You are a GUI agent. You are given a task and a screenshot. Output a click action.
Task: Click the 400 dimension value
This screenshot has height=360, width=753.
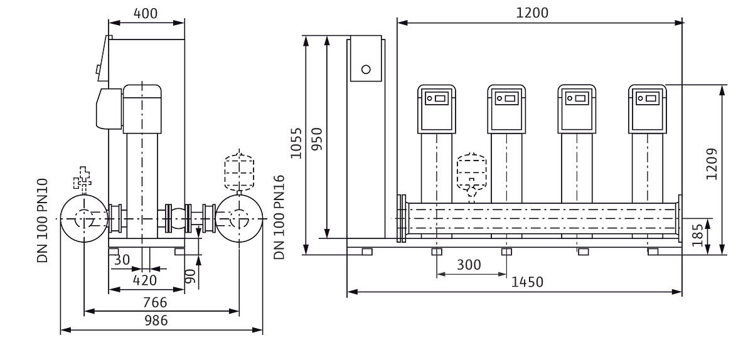tap(145, 13)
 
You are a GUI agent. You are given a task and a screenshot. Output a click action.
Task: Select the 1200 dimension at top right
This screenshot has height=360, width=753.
tap(532, 13)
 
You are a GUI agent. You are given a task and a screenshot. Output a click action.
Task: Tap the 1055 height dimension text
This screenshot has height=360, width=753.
tap(296, 143)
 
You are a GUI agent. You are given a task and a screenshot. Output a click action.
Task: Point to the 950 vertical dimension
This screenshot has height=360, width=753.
tap(317, 139)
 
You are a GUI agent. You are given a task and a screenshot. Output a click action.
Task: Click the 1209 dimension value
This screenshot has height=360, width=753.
tap(712, 164)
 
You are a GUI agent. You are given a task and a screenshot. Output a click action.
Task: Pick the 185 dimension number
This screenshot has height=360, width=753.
tap(698, 235)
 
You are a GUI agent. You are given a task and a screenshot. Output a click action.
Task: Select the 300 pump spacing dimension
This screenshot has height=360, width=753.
tap(469, 265)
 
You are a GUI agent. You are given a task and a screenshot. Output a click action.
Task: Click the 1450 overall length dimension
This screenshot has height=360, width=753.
tap(527, 282)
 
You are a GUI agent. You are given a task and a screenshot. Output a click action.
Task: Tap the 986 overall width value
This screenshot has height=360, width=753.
tap(156, 320)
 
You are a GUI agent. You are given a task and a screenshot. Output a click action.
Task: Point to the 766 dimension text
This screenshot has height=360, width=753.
tap(155, 302)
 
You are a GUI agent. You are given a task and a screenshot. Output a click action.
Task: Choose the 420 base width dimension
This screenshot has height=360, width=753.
tap(144, 280)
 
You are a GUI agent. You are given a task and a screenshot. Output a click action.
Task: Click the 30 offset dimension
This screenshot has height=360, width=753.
tap(122, 260)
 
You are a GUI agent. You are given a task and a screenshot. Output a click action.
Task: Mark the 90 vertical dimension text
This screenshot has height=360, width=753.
tap(190, 276)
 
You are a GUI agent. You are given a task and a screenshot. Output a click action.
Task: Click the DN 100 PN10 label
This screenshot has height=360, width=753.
tap(43, 220)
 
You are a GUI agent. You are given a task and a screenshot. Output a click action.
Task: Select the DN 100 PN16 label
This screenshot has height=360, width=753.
tap(279, 217)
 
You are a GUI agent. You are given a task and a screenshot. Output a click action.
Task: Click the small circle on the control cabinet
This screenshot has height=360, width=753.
tap(366, 70)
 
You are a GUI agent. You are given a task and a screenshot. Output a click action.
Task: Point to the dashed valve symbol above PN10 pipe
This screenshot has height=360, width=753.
tap(82, 177)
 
